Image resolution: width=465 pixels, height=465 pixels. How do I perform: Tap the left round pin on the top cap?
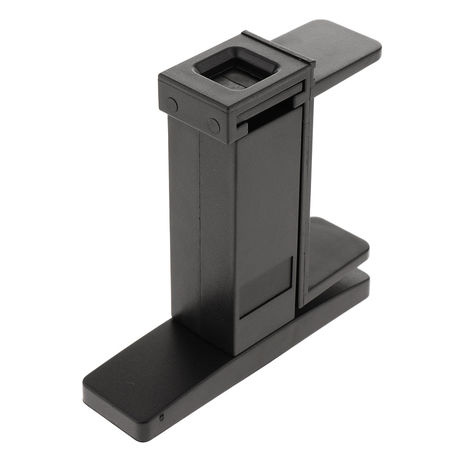click(171, 104)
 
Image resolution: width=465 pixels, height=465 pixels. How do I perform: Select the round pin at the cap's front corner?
click(213, 125)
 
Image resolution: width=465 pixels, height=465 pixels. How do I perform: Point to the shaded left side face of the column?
click(184, 218)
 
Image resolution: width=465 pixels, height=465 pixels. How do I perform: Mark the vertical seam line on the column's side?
click(200, 227)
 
